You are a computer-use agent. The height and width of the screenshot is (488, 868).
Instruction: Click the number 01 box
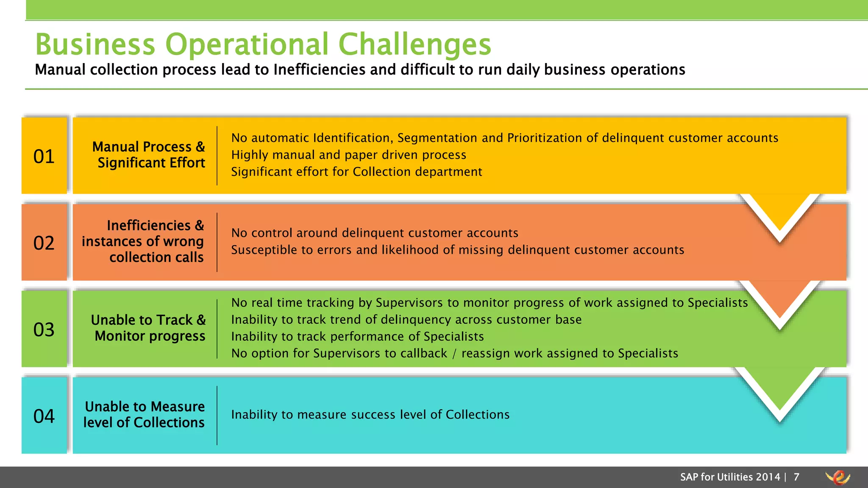pyautogui.click(x=44, y=156)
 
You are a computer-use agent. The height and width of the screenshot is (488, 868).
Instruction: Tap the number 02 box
pyautogui.click(x=44, y=242)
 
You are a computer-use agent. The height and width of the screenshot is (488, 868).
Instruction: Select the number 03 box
pyautogui.click(x=44, y=329)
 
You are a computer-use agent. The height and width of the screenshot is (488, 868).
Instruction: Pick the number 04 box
pyautogui.click(x=44, y=416)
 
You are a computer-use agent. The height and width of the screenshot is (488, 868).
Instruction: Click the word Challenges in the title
pyautogui.click(x=415, y=44)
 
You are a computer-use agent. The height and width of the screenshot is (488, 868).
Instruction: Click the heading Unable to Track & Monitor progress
pyautogui.click(x=149, y=327)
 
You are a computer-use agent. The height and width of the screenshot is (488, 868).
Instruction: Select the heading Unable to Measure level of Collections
pyautogui.click(x=145, y=414)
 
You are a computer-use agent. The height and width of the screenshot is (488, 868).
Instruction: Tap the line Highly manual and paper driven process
pyautogui.click(x=348, y=155)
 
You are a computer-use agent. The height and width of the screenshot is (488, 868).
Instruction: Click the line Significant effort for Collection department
pyautogui.click(x=356, y=172)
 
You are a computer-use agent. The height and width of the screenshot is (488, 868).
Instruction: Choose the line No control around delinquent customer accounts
pyautogui.click(x=375, y=233)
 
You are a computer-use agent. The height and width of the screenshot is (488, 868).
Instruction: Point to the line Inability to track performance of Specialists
pyautogui.click(x=357, y=336)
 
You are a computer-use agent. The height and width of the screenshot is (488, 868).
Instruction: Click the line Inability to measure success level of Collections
pyautogui.click(x=370, y=414)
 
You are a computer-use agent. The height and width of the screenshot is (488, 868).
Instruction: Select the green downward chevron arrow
pyautogui.click(x=780, y=392)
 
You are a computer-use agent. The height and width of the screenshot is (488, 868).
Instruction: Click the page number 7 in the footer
pyautogui.click(x=796, y=477)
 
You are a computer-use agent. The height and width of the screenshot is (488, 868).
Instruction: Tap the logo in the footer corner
pyautogui.click(x=838, y=477)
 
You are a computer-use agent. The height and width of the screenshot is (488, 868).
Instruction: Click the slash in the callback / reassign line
pyautogui.click(x=454, y=354)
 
